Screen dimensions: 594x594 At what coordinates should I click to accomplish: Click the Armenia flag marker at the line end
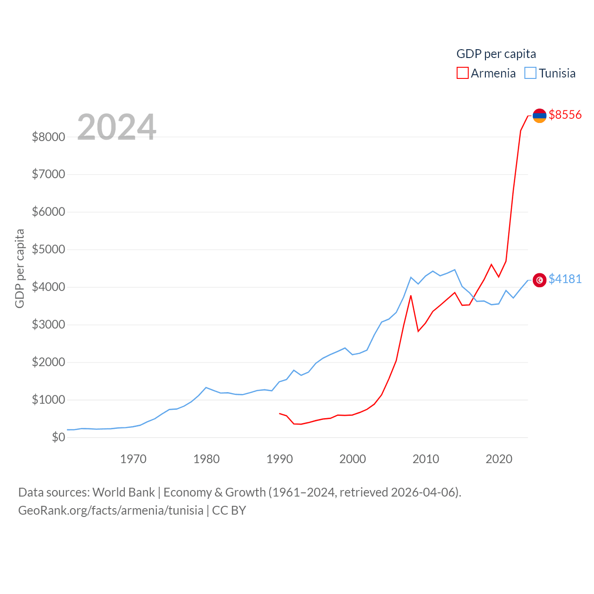coord(539,116)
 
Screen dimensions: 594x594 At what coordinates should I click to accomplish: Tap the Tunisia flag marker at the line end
coord(539,280)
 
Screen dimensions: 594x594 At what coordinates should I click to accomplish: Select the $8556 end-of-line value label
coord(565,115)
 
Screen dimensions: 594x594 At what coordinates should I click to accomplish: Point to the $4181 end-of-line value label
coord(565,279)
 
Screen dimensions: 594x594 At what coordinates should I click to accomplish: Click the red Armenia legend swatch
coord(463,73)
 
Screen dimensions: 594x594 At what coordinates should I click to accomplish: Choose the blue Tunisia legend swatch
coord(530,73)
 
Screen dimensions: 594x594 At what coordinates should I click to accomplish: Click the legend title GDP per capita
coord(496,54)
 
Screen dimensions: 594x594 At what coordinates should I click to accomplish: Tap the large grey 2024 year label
coord(116,127)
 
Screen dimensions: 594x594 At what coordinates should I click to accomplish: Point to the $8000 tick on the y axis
coord(48,137)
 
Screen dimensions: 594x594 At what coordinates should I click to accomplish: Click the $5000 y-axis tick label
coord(48,250)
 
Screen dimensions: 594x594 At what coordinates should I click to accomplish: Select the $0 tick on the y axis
coord(58,437)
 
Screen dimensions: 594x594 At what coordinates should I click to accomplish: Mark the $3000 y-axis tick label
coord(48,325)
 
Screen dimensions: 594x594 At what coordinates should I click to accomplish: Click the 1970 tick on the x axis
coord(133,459)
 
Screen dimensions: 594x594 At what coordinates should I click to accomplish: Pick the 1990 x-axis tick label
coord(279,459)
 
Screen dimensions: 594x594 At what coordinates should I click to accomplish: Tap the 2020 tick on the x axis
coord(499,459)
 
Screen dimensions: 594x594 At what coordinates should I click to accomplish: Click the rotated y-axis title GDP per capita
coord(19,268)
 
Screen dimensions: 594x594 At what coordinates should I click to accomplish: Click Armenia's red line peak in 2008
coord(411,296)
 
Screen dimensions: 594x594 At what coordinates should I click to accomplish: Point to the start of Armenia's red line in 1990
coord(279,413)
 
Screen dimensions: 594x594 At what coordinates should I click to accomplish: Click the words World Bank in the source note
coord(123,492)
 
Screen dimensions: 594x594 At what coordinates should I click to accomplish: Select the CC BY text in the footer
coord(229,510)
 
